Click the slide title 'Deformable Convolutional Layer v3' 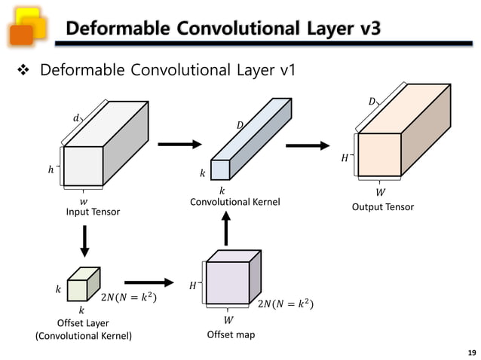[x=222, y=29]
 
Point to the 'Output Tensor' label [x=383, y=207]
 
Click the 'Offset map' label [x=231, y=334]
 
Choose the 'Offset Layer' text [x=84, y=323]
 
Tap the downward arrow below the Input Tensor [x=84, y=241]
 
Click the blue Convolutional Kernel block [x=249, y=143]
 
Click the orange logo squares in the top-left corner [x=25, y=25]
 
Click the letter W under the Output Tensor [x=380, y=192]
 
